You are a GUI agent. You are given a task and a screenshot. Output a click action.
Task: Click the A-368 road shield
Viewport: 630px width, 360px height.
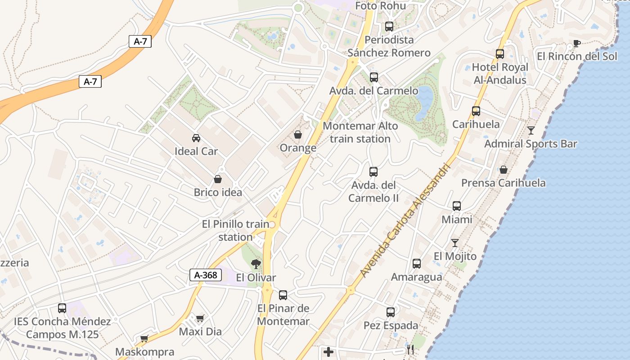coord(206,275)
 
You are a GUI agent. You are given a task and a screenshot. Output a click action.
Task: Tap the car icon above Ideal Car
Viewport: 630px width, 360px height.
coord(196,138)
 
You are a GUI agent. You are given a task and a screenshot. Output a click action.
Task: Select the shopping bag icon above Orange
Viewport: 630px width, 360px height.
coord(298,135)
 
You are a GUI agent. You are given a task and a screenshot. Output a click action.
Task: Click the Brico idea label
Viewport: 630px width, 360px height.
coord(218,193)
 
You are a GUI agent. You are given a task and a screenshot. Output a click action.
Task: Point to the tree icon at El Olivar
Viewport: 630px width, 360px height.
coord(256,264)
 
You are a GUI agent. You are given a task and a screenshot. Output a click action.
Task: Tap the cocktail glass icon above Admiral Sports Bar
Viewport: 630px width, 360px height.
coord(531,130)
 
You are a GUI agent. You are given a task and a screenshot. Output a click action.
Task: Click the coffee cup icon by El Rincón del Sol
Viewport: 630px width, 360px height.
coord(576,43)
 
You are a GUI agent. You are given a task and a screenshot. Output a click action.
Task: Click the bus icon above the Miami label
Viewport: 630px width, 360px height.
coord(457,206)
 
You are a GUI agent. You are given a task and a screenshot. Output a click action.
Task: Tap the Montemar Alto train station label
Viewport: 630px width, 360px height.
coord(360,132)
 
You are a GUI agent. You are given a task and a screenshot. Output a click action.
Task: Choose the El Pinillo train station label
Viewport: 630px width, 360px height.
coord(235,230)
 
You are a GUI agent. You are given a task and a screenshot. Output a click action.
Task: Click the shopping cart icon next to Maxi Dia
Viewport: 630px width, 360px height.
coord(200,319)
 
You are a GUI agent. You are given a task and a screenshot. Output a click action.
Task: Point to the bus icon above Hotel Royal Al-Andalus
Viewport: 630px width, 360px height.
coord(499,54)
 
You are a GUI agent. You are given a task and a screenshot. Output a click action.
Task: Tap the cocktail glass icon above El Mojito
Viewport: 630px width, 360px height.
coord(455,243)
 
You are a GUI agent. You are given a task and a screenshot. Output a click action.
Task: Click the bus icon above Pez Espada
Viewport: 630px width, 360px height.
coord(391,312)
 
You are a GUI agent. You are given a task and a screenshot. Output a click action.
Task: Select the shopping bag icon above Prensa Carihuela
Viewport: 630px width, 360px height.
coord(504,170)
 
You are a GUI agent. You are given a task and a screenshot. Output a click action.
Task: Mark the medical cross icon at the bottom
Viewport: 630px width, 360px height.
coord(328,351)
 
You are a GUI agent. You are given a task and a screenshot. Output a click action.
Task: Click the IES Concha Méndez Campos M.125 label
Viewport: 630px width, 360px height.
coord(62,328)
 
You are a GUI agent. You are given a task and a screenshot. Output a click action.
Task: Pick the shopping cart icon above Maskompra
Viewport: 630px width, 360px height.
coord(144,338)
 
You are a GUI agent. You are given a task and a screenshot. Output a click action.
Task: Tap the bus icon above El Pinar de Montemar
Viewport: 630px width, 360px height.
coord(283,295)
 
